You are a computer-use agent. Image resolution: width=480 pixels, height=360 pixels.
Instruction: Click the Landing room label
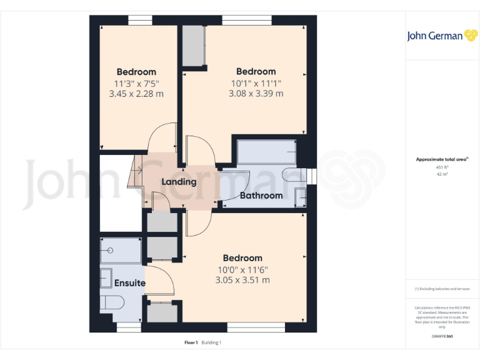coord(179,182)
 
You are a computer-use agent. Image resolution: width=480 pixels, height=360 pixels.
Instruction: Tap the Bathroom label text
coord(261,196)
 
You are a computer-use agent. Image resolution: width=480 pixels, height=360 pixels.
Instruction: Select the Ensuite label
coord(130,283)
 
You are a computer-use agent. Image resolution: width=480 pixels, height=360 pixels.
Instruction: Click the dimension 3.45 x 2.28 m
coord(136,94)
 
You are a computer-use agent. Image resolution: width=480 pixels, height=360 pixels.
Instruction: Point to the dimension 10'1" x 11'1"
coord(256,82)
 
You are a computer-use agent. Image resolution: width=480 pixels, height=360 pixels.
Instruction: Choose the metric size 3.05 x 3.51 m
coord(242,280)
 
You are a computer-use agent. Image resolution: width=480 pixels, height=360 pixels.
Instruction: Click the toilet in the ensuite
coord(113,303)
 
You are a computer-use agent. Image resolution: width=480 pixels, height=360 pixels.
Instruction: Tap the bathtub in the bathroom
coord(266,152)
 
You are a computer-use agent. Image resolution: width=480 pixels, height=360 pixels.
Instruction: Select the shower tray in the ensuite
coord(121,250)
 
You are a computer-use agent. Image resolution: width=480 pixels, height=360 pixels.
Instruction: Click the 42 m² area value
coord(442,174)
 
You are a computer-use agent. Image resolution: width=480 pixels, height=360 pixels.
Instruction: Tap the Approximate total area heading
coord(441,160)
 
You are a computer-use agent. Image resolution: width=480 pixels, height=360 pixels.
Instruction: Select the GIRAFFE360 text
coord(442,336)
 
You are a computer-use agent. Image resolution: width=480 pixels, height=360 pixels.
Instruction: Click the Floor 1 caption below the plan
coord(191,342)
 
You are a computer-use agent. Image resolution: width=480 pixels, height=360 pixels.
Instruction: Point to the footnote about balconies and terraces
coord(442,289)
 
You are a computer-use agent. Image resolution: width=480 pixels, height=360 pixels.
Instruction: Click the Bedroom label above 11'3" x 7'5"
coord(136,72)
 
